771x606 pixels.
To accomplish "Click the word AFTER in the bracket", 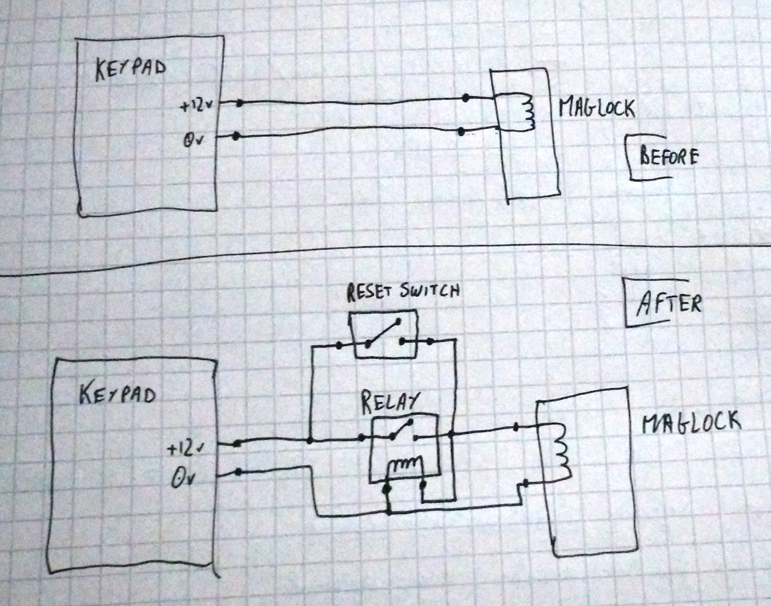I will coord(669,305).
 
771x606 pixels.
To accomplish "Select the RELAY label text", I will coord(390,403).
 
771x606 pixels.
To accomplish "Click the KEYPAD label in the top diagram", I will coord(130,70).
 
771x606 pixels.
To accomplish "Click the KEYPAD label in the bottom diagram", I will coord(117,395).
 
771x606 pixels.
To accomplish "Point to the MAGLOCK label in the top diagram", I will coord(597,107).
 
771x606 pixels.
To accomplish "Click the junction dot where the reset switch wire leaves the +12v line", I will coord(310,441).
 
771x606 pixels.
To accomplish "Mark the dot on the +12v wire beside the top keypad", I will coord(240,103).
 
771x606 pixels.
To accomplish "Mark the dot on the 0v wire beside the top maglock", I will coord(461,132).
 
